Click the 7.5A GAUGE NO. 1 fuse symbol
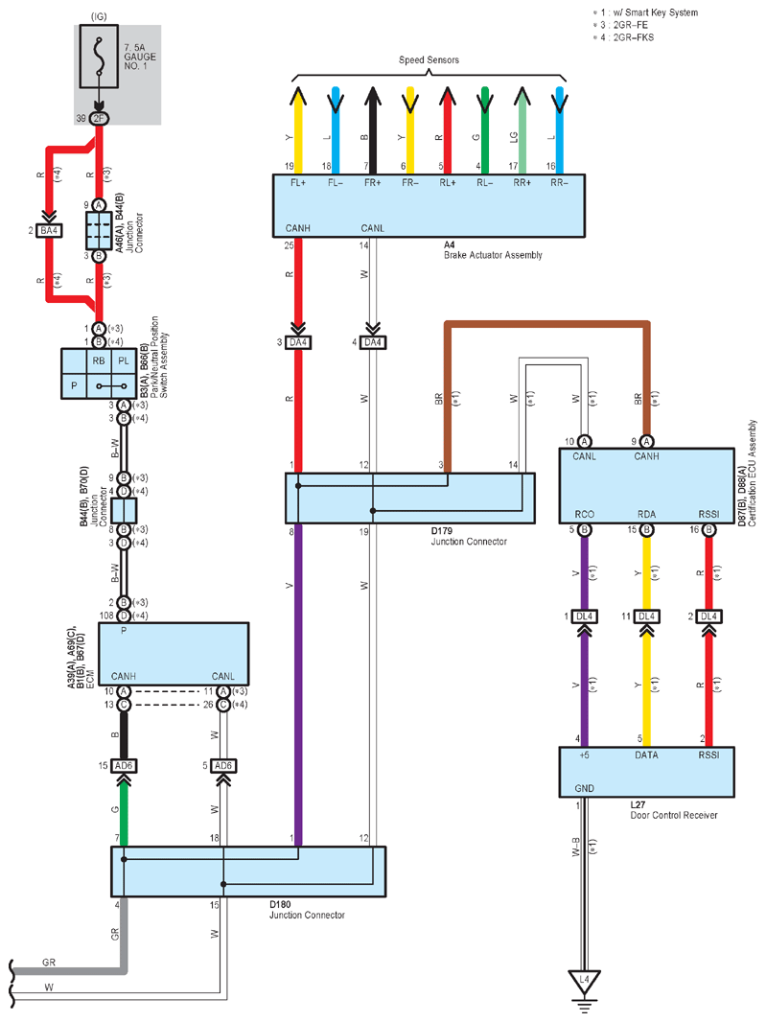pos(99,56)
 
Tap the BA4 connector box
pos(49,231)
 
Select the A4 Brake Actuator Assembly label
pos(493,250)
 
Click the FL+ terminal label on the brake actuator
pos(298,183)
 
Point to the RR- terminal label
pos(559,183)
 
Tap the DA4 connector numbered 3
pos(298,342)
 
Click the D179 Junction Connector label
pos(469,537)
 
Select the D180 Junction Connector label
pos(307,910)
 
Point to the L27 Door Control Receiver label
pos(673,810)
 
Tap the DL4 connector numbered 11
pos(646,616)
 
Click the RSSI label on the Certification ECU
pos(708,514)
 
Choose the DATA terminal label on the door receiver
pos(646,755)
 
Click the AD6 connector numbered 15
pos(124,766)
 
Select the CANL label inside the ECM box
pos(223,677)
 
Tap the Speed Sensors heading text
pos(429,60)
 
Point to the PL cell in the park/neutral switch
pos(124,361)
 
